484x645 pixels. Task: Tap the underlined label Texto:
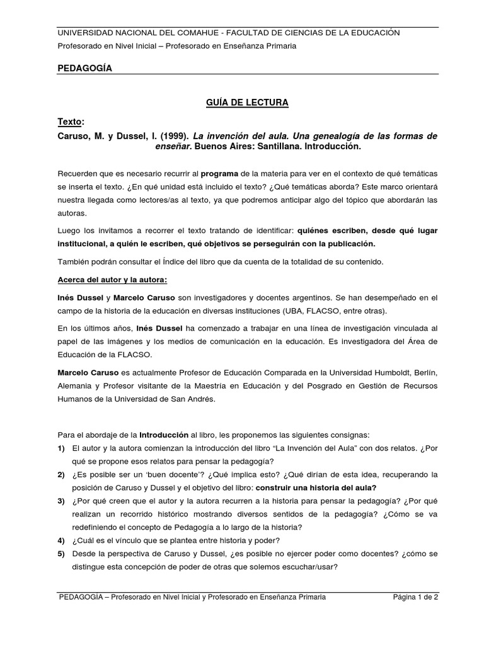point(71,122)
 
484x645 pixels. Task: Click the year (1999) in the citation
point(168,136)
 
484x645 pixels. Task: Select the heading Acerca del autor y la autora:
point(113,279)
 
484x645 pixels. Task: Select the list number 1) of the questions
point(62,448)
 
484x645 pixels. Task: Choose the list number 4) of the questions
point(62,540)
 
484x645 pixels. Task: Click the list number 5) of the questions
point(62,553)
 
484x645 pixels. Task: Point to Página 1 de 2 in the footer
point(415,597)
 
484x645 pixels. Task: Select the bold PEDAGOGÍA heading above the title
point(85,68)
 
